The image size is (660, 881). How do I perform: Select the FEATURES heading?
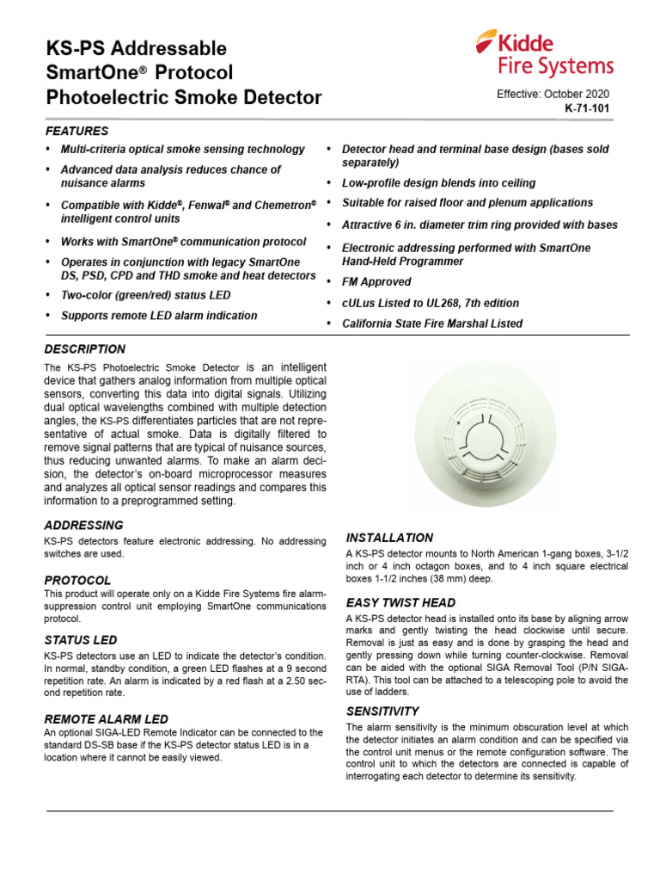pos(76,131)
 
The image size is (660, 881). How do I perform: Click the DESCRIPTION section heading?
pos(84,349)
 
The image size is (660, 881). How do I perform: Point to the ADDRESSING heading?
pos(83,525)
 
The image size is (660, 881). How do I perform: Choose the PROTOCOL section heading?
pos(77,580)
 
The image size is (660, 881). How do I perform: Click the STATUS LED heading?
pos(81,639)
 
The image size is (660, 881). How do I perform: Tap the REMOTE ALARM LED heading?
pos(106,718)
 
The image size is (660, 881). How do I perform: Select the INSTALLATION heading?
pos(389,538)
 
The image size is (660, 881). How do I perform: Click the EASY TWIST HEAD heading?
pos(400,602)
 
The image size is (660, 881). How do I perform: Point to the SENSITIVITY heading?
pos(382,711)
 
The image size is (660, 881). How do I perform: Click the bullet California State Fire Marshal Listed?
pos(431,323)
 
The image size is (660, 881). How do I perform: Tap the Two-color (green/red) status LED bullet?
pos(145,295)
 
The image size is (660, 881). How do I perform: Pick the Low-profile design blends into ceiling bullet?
pos(438,182)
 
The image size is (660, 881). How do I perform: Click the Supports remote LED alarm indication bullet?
pos(158,316)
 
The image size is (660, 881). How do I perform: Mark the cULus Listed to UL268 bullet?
pos(430,303)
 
